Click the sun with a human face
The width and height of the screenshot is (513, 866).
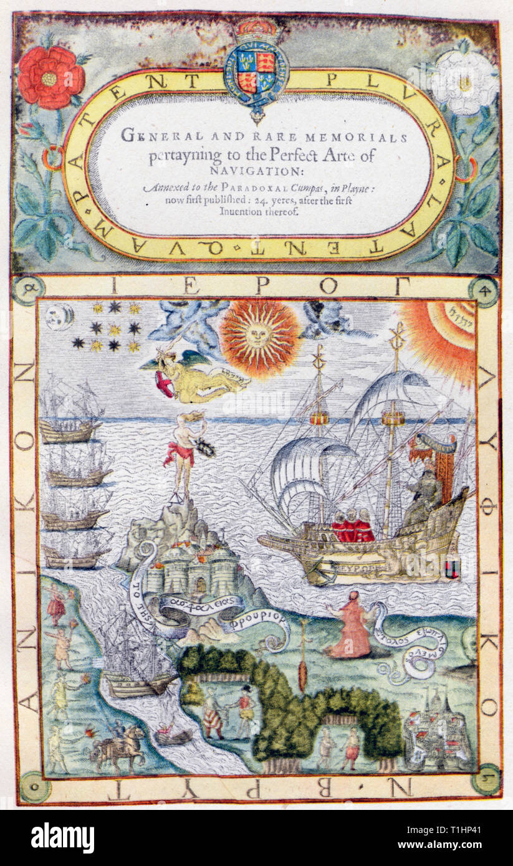click(x=259, y=336)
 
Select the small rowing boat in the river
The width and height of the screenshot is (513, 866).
click(x=173, y=735)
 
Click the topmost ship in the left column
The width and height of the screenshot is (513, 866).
click(x=70, y=408)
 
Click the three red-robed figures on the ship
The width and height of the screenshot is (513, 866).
click(x=352, y=526)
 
